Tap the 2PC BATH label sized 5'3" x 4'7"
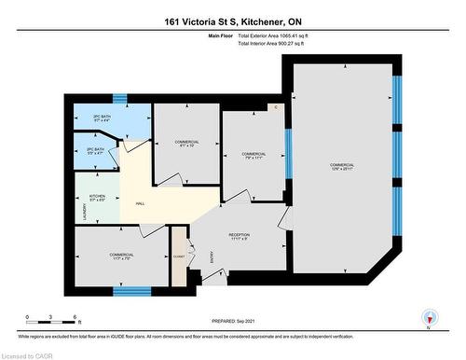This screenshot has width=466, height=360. click(94, 150)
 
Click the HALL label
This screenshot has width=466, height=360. click(140, 204)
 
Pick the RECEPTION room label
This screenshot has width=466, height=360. click(240, 236)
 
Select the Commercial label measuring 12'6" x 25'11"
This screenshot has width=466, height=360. click(342, 167)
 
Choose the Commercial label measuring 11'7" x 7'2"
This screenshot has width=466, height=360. click(121, 256)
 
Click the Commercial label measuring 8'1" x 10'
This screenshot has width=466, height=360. click(187, 144)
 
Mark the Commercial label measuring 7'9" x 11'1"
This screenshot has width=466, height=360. click(254, 156)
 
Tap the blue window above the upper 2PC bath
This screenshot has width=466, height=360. click(119, 97)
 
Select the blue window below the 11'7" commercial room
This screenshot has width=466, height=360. click(131, 291)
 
